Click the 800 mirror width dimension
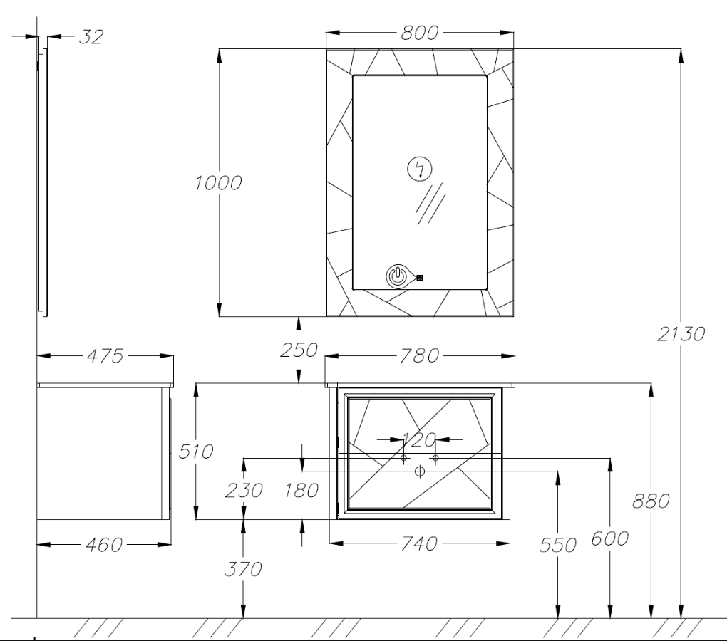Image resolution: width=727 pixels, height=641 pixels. point(419,33)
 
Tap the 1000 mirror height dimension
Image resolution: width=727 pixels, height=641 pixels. point(218,183)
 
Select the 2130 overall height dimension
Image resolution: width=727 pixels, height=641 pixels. point(681,333)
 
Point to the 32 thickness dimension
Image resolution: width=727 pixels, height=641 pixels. point(91,36)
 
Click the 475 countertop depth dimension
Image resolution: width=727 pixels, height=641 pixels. point(105,355)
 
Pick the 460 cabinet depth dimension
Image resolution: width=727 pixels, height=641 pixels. point(104,545)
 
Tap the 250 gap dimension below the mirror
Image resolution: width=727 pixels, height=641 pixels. point(299,350)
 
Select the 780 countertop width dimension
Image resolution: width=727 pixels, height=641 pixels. point(419,355)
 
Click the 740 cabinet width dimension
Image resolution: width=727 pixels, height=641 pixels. point(418,543)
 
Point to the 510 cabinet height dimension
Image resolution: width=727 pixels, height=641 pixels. point(196,451)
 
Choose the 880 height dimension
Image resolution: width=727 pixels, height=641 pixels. point(651,501)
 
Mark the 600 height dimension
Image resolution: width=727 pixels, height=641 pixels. point(609,538)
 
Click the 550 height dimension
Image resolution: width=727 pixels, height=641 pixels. point(558,545)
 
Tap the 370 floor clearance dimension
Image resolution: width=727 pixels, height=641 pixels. point(243,569)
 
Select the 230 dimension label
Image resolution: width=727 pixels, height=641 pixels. point(244,490)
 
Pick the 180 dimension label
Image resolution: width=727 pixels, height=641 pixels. point(301,490)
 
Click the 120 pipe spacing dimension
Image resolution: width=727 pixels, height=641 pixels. point(418,439)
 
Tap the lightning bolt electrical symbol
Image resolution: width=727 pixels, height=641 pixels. point(420,169)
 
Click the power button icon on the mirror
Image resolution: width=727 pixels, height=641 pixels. point(397,276)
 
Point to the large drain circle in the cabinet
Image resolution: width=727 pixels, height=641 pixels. point(420,471)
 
